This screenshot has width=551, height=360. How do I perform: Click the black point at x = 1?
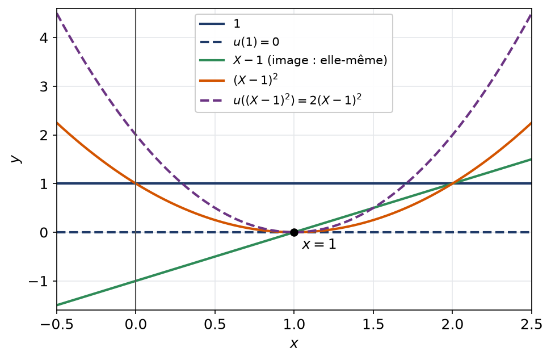tap(294, 232)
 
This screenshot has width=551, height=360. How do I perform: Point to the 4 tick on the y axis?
tap(44, 37)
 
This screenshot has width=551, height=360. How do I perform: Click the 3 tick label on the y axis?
tap(44, 86)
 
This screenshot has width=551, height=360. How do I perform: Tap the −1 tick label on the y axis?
tap(38, 281)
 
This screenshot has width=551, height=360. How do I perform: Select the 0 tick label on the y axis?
tap(44, 232)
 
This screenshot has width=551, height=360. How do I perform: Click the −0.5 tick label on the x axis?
tap(57, 324)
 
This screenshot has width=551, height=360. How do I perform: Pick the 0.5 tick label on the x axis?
tap(214, 324)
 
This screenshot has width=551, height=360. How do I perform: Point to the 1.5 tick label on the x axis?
tap(373, 324)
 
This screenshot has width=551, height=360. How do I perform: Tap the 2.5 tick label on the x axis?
tap(532, 324)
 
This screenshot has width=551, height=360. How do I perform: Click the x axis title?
tap(294, 344)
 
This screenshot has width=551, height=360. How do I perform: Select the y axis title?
tap(16, 158)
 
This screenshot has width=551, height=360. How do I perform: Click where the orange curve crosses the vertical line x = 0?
tap(136, 183)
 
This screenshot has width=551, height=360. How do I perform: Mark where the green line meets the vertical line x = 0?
tap(136, 281)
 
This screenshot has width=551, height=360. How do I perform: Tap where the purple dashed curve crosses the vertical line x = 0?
tap(136, 135)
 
